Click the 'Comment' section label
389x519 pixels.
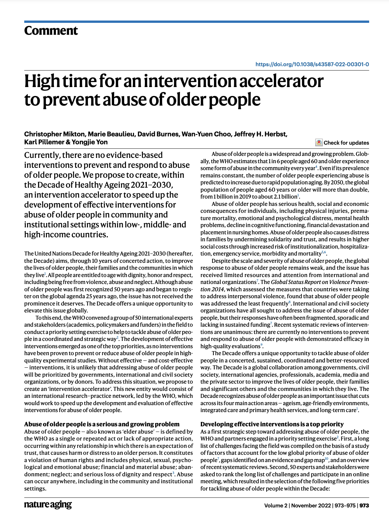click(51, 31)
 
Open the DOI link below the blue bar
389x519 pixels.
click(312, 65)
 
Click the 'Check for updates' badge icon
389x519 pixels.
click(319, 143)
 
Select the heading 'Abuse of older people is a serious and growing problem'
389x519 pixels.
click(102, 424)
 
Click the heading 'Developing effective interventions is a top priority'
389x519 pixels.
click(272, 424)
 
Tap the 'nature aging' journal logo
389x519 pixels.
click(48, 505)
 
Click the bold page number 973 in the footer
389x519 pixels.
click(364, 505)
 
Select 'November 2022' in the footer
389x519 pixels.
click(311, 505)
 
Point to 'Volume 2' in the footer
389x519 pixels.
click(276, 505)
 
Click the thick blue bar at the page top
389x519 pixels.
click(196, 22)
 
